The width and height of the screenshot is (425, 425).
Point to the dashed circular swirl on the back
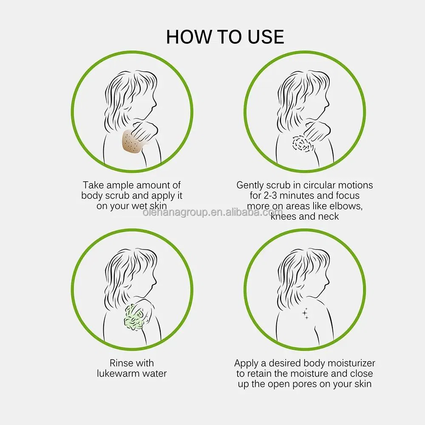(302, 144)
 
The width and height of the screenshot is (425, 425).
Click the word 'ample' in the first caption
(120, 185)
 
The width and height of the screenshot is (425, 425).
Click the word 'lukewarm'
(118, 374)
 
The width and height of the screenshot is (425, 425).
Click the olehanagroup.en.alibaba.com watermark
(213, 212)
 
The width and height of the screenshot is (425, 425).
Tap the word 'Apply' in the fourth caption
(246, 363)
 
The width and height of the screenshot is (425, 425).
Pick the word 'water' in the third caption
(155, 374)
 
